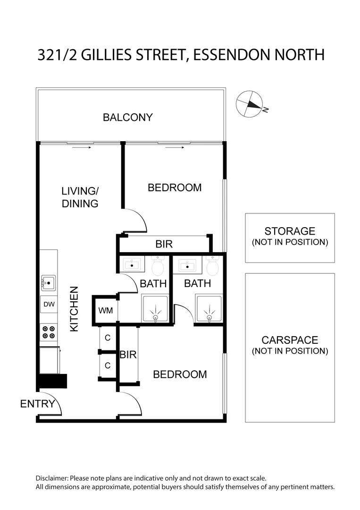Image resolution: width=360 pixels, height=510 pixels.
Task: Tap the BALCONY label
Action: pos(128,117)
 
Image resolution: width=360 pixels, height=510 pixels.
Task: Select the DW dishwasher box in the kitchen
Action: pos(49,305)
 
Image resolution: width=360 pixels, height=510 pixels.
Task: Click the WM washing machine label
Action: pos(106,311)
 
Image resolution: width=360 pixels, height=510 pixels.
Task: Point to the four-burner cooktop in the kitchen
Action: pos(49,332)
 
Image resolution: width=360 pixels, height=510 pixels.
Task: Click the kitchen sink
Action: pos(49,283)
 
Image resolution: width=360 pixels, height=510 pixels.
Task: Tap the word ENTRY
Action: pos(38,404)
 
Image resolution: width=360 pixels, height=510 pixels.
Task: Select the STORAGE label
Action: pos(290,231)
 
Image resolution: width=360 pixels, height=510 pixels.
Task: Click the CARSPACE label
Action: pos(290,340)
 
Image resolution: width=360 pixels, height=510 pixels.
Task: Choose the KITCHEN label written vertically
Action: pos(75,309)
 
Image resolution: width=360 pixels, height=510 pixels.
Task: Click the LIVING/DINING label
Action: pos(80,197)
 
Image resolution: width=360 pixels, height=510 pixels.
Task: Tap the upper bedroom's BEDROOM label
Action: pos(175,187)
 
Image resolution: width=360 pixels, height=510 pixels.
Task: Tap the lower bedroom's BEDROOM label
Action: pos(180,374)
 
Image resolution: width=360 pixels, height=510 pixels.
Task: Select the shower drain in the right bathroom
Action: pos(209,317)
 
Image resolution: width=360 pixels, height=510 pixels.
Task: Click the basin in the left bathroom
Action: pos(132,264)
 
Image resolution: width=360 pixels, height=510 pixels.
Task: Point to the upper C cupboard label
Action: pos(108,338)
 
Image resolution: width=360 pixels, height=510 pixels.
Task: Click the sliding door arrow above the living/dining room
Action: pos(82,147)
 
